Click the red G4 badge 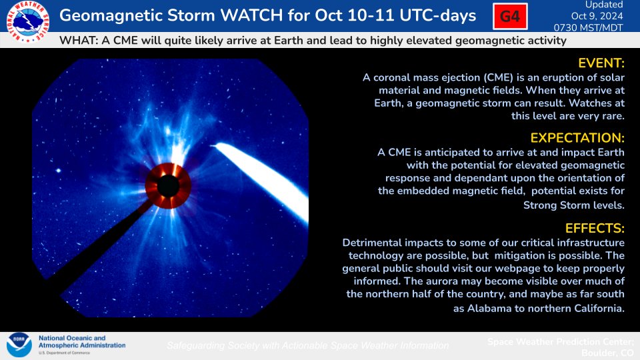tap(510, 17)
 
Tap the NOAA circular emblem tap(19, 345)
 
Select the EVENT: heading tap(601, 63)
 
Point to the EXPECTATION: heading tap(577, 138)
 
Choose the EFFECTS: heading tap(595, 228)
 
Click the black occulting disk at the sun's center tap(167, 185)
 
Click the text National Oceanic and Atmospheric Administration tap(81, 342)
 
